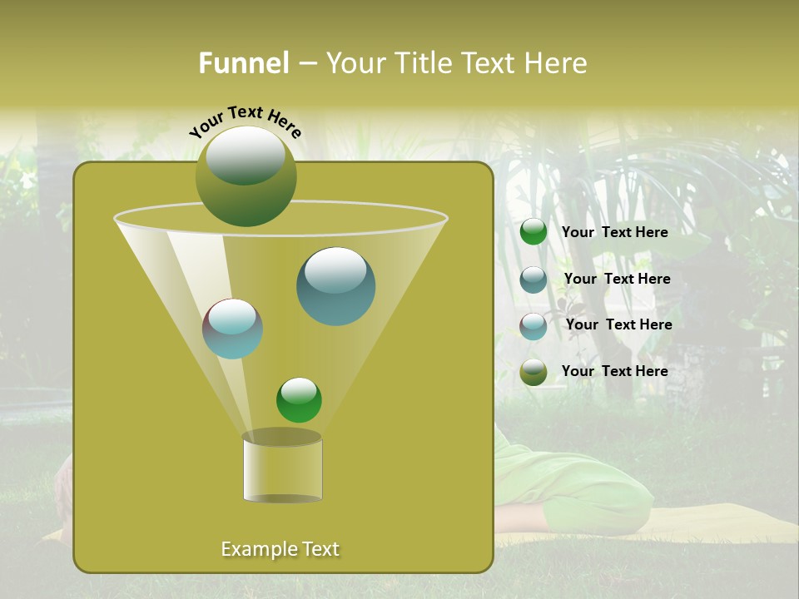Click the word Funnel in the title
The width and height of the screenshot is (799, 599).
point(243,63)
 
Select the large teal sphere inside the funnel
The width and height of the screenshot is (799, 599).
point(335,287)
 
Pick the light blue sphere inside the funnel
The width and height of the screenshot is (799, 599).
point(232,329)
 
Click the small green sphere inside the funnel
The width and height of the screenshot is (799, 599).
point(299,400)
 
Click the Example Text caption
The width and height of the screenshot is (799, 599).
point(280,549)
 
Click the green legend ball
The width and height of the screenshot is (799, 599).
point(533,232)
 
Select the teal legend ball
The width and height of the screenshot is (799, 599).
point(533,280)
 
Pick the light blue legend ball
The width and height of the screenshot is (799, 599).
point(533,326)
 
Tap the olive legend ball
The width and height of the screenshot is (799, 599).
point(533,372)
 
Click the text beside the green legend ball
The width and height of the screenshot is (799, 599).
point(614,232)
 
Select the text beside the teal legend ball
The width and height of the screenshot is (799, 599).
point(617,279)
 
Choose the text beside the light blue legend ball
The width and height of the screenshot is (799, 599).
point(618,324)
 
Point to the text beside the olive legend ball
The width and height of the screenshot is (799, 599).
point(614,371)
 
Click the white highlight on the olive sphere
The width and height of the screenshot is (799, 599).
point(245,155)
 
